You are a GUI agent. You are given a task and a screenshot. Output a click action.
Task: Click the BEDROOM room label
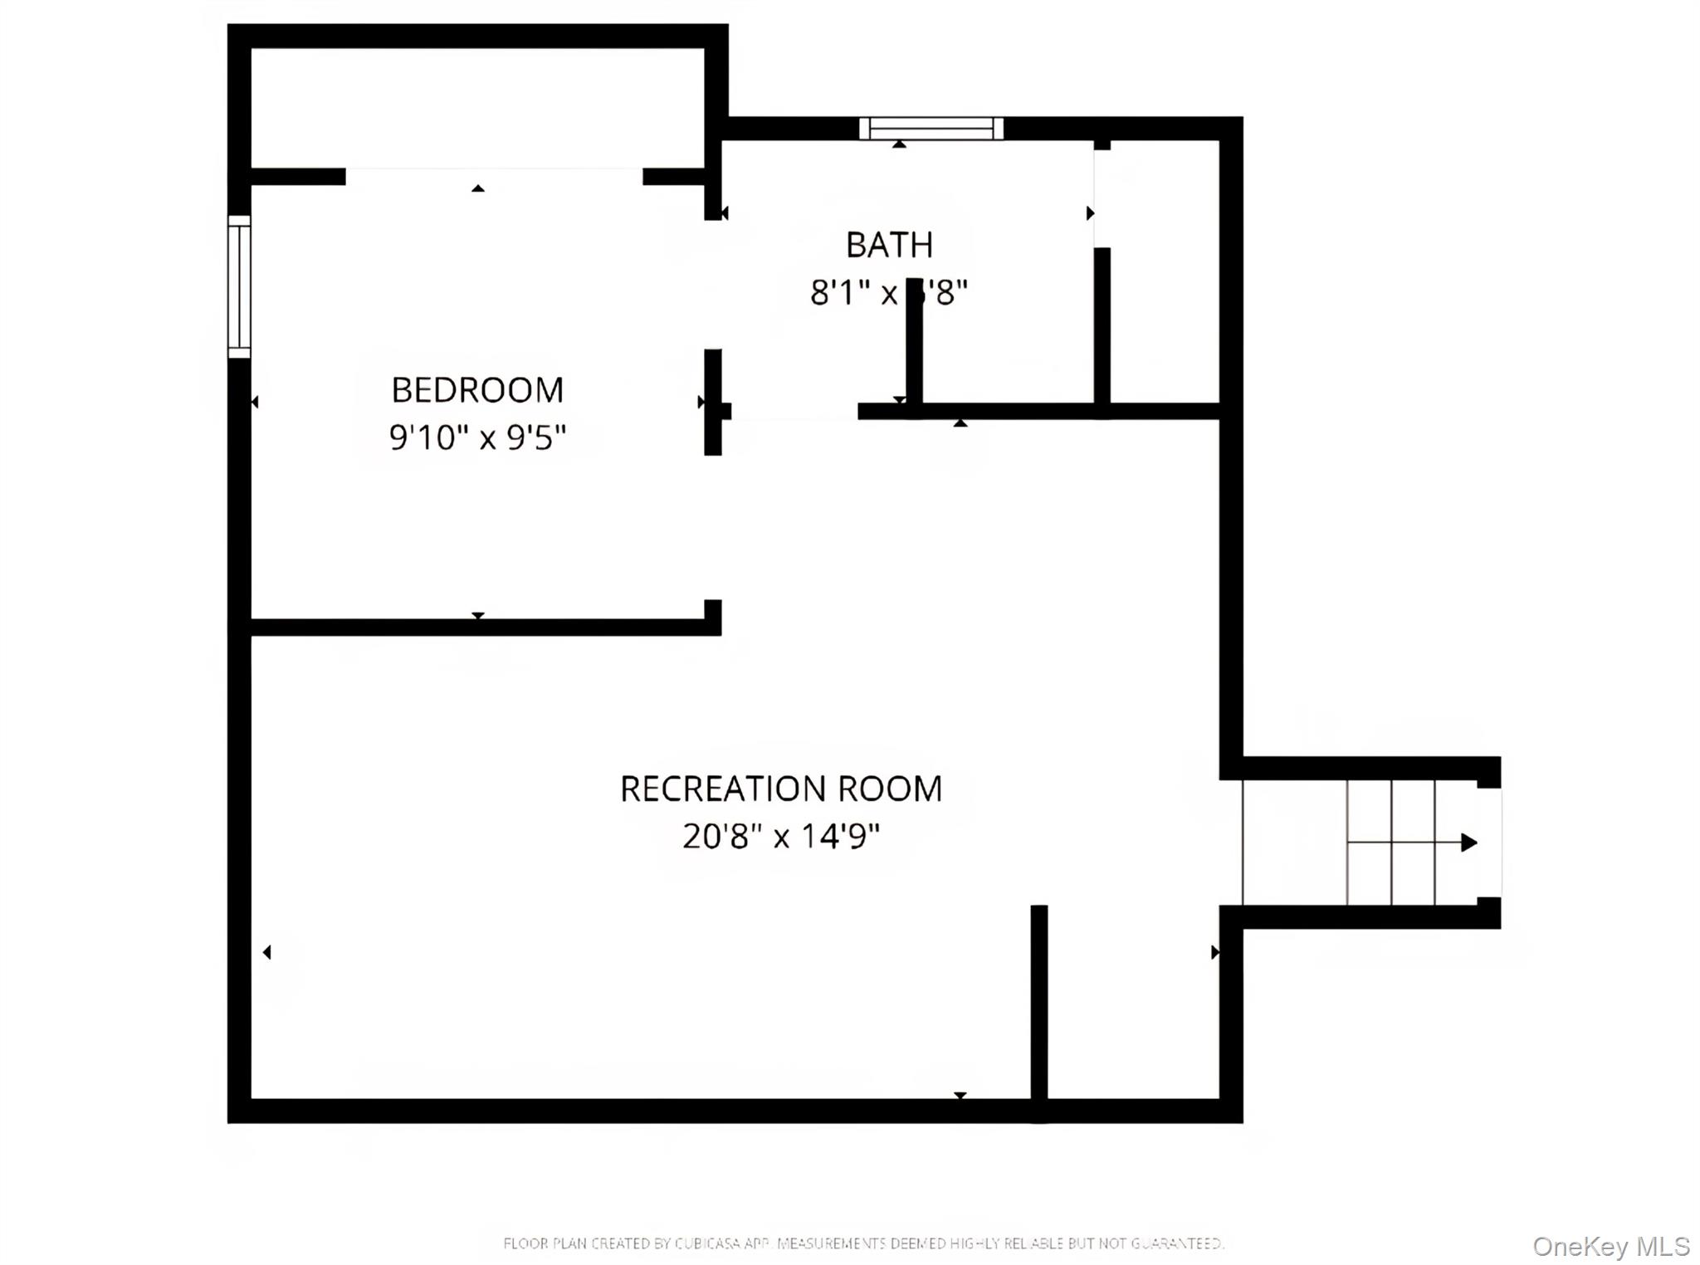477,390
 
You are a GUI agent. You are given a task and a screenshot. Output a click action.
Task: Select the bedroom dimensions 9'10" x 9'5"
477,437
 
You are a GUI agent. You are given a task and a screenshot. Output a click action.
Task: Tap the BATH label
889,245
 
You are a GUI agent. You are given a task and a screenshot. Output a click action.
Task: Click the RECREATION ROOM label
781,789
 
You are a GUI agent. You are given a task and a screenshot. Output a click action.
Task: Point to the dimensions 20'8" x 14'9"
781,836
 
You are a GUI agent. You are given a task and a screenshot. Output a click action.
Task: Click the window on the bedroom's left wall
239,286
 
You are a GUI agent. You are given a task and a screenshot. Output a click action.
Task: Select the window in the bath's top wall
931,129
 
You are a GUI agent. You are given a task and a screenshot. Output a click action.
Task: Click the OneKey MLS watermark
1610,1246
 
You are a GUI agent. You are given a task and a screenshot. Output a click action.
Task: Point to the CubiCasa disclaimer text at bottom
863,1243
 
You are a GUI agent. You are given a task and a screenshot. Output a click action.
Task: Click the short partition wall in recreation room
1039,1009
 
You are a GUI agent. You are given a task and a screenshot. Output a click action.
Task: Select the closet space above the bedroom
477,108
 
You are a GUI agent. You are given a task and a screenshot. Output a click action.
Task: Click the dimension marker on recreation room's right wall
1214,952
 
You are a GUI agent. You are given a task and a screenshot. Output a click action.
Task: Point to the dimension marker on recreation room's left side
267,952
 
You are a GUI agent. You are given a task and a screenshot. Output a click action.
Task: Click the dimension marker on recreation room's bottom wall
960,1096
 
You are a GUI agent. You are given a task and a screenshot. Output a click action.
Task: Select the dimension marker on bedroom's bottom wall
478,615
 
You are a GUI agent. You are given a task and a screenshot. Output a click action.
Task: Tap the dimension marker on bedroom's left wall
255,402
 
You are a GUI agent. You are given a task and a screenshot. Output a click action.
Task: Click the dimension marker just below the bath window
899,144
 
